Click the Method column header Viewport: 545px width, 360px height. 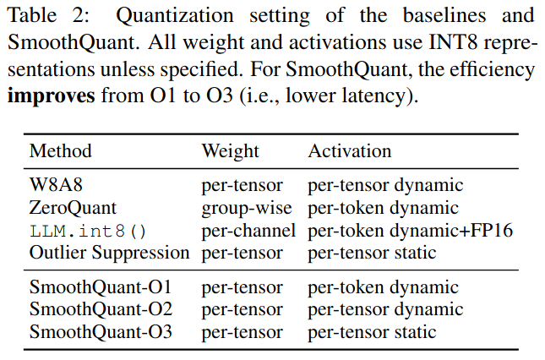click(60, 152)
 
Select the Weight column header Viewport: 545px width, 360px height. click(230, 152)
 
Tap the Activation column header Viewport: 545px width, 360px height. click(349, 152)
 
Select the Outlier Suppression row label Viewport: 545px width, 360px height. click(109, 252)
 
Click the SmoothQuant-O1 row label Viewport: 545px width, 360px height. click(101, 288)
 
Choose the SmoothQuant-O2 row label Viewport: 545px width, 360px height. click(101, 310)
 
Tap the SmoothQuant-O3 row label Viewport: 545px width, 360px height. click(101, 332)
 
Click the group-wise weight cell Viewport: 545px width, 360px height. click(246, 208)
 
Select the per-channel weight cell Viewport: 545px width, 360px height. click(248, 230)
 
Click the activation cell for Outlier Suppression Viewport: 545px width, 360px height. click(372, 252)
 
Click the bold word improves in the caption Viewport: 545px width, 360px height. click(51, 95)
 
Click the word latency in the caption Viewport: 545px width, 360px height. click(371, 95)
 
